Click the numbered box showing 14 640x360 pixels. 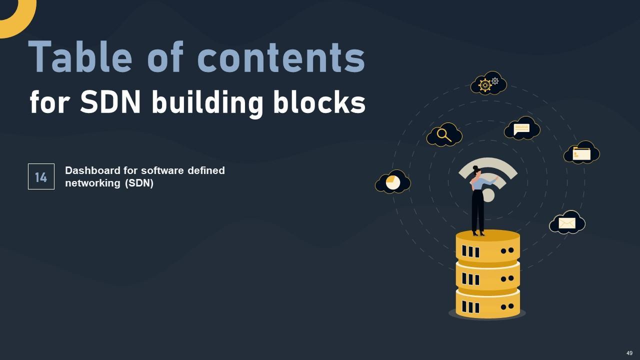coord(41,177)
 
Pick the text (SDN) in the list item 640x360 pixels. coord(139,183)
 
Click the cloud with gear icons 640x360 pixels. coord(488,84)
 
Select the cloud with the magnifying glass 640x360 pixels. coord(444,135)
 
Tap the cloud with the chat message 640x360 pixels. coord(522,129)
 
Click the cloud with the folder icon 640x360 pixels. coord(581,153)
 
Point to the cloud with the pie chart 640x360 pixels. coord(393,182)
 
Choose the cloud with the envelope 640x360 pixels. coord(567,222)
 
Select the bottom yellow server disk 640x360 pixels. coord(487,303)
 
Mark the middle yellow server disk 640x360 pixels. coord(487,275)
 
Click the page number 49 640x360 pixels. coord(629,353)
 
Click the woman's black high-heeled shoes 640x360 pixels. coord(478,232)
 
